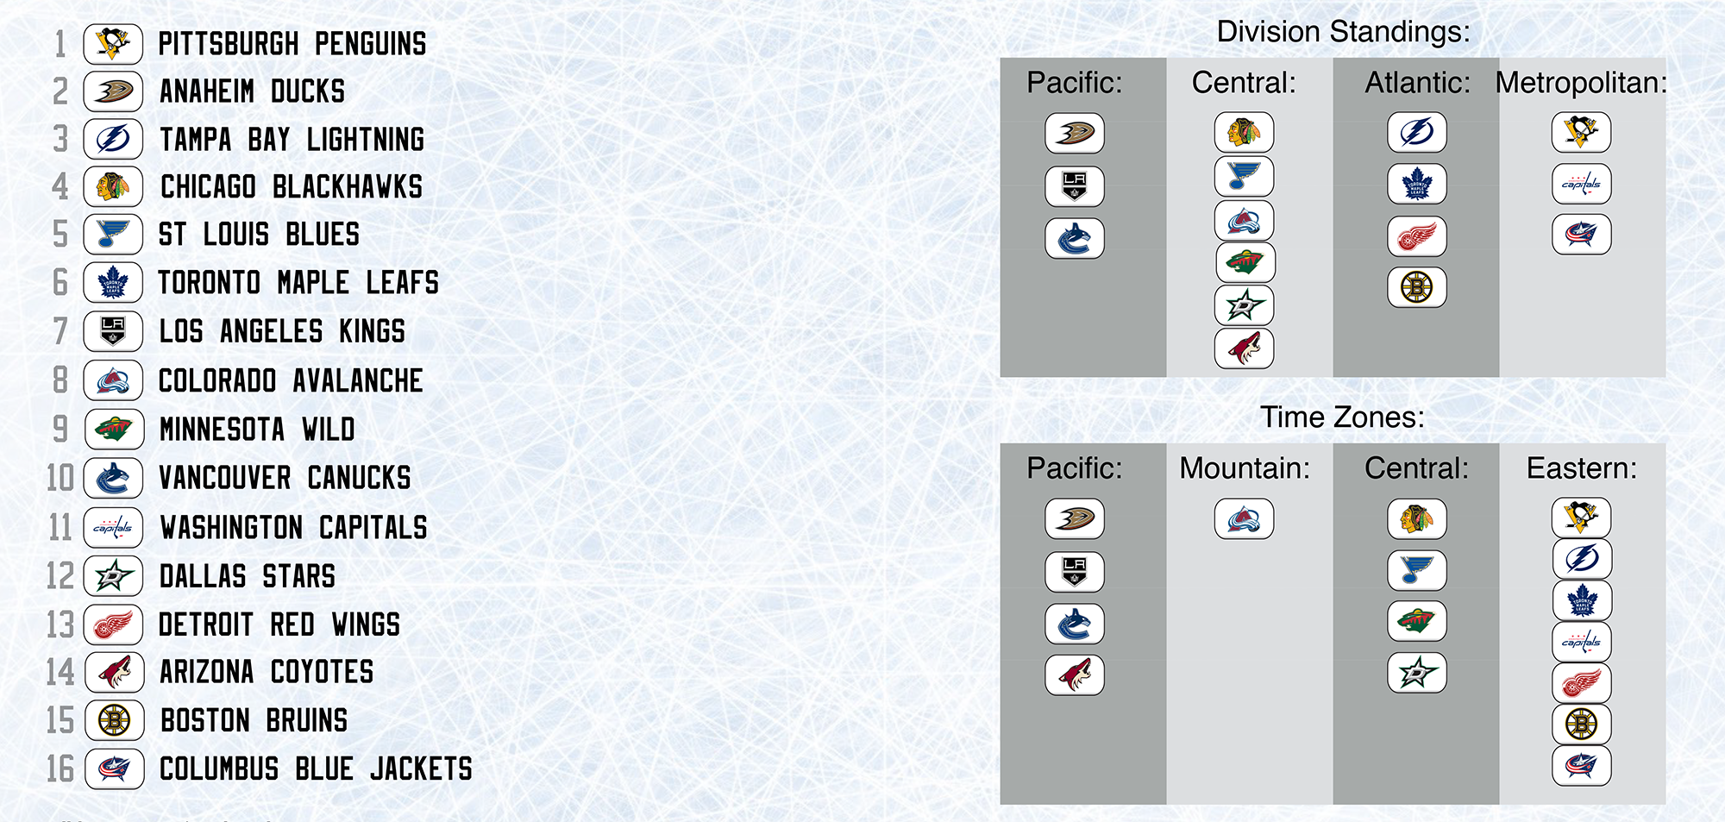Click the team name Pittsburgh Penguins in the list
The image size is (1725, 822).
[x=292, y=44]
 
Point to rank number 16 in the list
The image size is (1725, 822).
[x=60, y=769]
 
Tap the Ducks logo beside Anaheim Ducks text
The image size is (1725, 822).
[x=113, y=91]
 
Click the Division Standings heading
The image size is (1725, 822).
[x=1343, y=32]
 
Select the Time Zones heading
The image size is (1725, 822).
[x=1342, y=417]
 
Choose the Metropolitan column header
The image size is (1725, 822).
[x=1581, y=83]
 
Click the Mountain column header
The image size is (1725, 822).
[x=1245, y=468]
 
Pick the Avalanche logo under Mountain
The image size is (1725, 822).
[x=1244, y=519]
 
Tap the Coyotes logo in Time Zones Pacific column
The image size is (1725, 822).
[x=1075, y=675]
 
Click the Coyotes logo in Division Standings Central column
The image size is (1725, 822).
[x=1244, y=348]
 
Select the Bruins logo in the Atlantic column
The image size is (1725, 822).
[x=1417, y=287]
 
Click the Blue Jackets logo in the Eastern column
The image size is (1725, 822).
[x=1581, y=765]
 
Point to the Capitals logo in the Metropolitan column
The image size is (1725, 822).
[x=1581, y=184]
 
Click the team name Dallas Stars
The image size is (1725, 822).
[x=248, y=576]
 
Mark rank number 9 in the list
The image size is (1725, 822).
[x=60, y=429]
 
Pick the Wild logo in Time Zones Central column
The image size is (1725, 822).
[x=1417, y=621]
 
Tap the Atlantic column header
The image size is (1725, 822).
[x=1417, y=83]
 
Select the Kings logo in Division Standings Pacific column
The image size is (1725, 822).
[x=1075, y=186]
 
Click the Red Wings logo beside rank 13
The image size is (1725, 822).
[x=113, y=624]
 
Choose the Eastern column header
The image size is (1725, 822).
[x=1581, y=468]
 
